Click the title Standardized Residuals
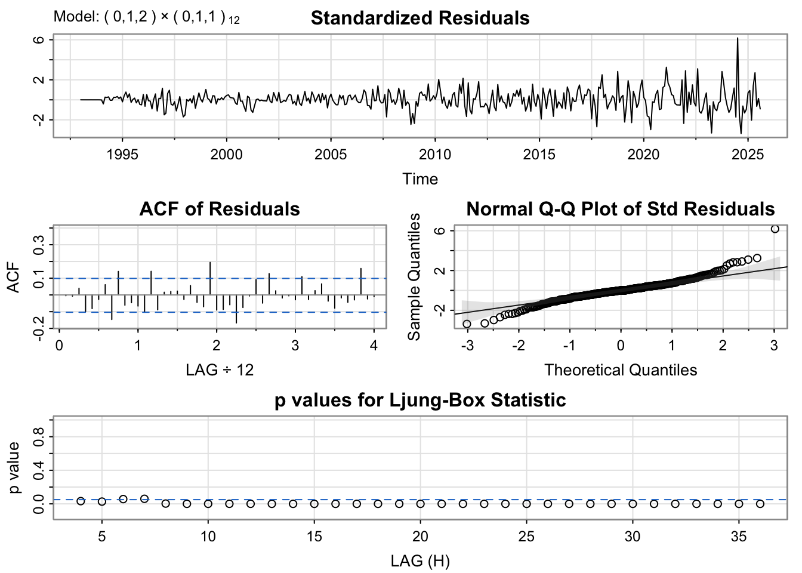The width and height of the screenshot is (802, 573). [x=420, y=19]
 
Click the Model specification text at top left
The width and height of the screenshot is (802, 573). [x=146, y=17]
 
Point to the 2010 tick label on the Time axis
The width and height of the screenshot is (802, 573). [x=435, y=155]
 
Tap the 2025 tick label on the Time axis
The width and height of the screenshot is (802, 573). [x=747, y=155]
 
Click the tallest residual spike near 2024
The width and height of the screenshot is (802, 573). [x=738, y=39]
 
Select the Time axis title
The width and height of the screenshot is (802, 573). [x=420, y=179]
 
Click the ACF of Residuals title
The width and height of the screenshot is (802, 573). [x=220, y=209]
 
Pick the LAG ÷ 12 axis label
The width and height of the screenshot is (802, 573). [x=220, y=370]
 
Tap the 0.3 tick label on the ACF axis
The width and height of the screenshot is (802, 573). [x=40, y=245]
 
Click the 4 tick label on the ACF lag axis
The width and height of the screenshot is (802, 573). [x=374, y=346]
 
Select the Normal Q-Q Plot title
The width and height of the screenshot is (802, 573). [x=621, y=209]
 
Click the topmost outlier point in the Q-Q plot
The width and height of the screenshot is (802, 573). [x=775, y=229]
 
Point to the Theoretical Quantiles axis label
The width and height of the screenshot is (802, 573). [x=621, y=370]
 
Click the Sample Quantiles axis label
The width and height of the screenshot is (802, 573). [x=414, y=277]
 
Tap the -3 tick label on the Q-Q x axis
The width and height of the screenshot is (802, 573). [x=467, y=346]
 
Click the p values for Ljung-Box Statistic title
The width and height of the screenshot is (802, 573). [x=420, y=400]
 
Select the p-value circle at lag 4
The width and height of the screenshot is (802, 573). [x=81, y=501]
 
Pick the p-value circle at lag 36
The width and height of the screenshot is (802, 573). [x=760, y=504]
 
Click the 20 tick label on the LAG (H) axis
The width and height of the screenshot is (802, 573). [x=420, y=537]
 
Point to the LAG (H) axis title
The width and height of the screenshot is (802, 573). [x=420, y=561]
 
